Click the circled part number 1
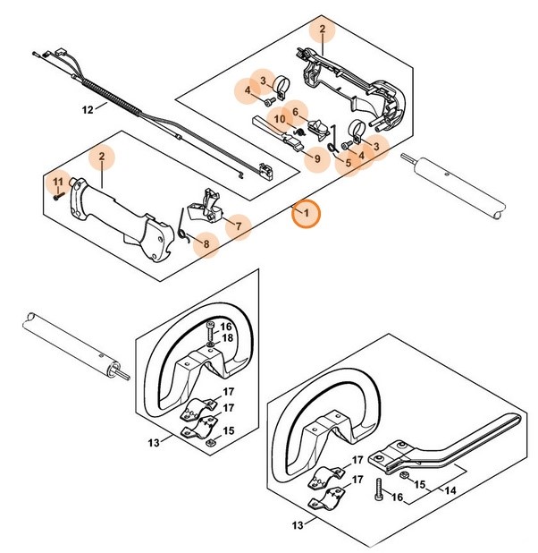pos(306,214)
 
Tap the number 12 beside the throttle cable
pos(88,109)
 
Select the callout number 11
pos(58,182)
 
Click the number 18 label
pos(227,339)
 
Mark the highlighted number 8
pos(206,242)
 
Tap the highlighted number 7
pos(239,227)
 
